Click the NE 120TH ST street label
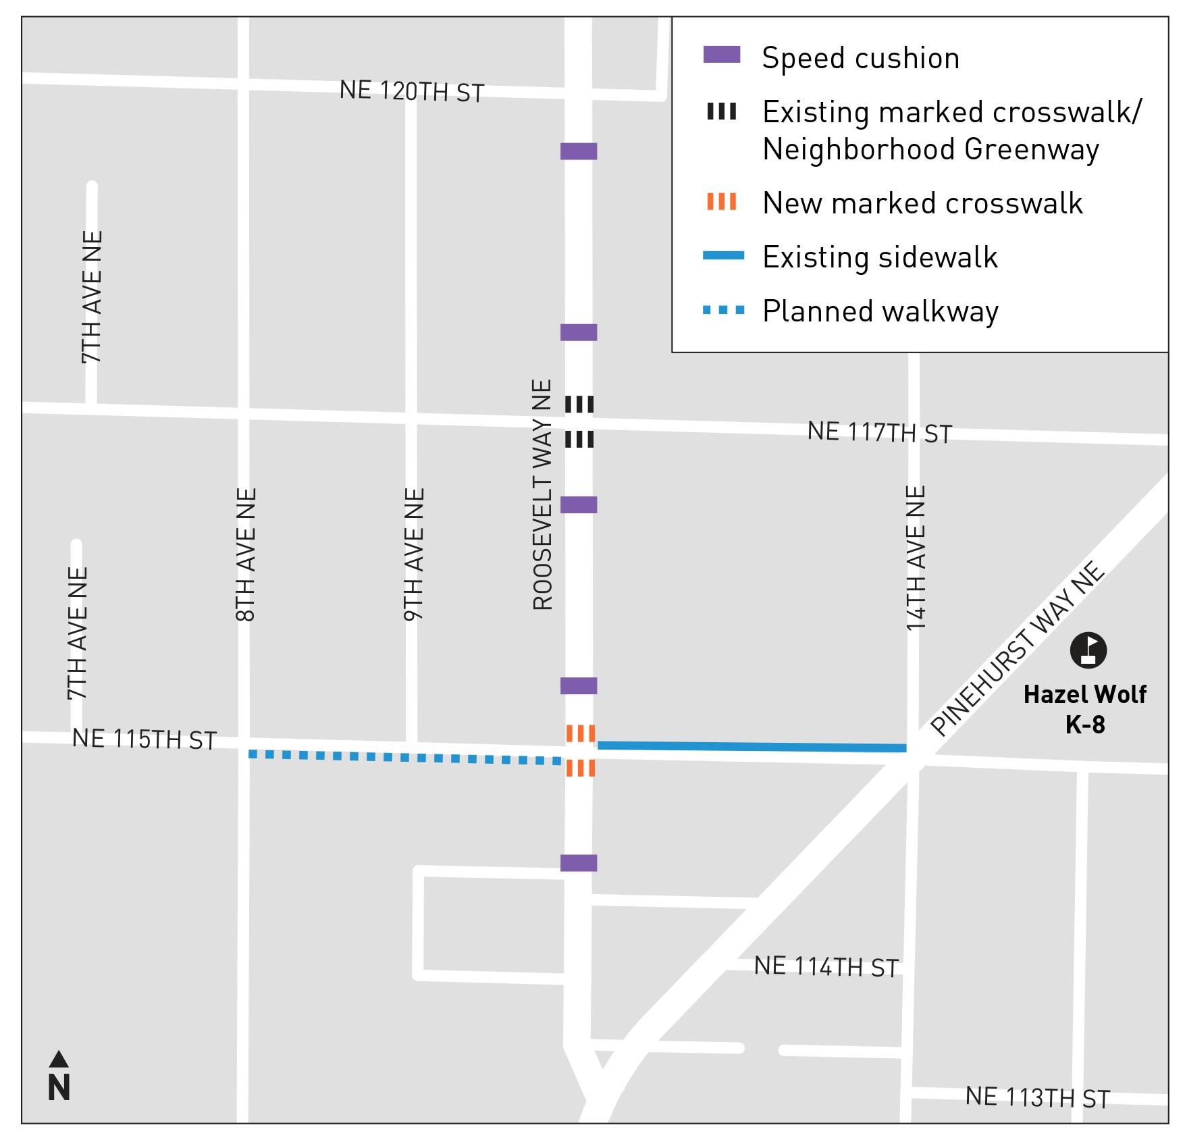[411, 91]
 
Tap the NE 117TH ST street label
[879, 432]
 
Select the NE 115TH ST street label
[144, 739]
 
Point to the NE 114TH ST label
[826, 967]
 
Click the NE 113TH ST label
[1037, 1097]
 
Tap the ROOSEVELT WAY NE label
[543, 495]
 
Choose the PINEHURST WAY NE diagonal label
[1018, 648]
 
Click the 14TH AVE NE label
[916, 558]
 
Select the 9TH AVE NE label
[414, 554]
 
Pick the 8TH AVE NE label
[246, 554]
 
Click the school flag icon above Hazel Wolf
[1088, 650]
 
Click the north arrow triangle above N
[59, 1058]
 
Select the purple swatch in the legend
[722, 55]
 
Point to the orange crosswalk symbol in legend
[722, 201]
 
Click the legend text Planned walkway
[880, 311]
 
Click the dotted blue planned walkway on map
[405, 758]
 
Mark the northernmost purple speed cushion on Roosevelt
[579, 151]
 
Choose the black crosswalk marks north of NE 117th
[579, 405]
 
